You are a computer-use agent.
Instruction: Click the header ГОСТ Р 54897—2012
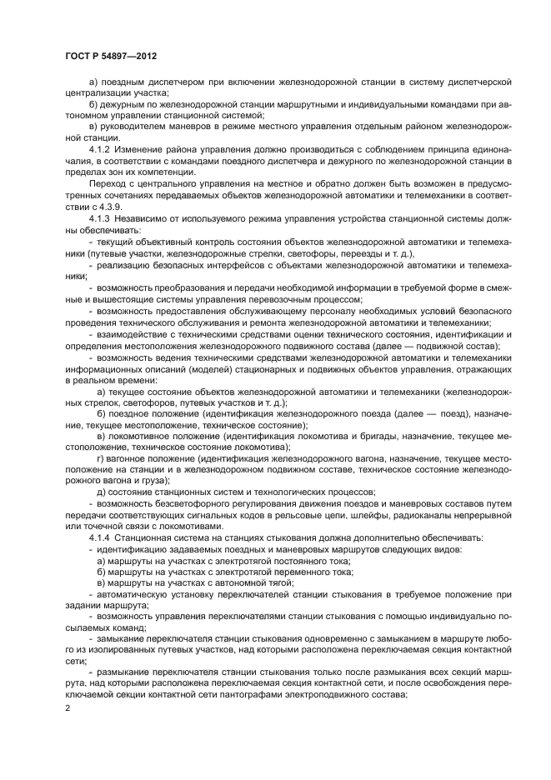110,57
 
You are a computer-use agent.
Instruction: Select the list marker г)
101,457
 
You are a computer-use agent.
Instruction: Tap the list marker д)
101,492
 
